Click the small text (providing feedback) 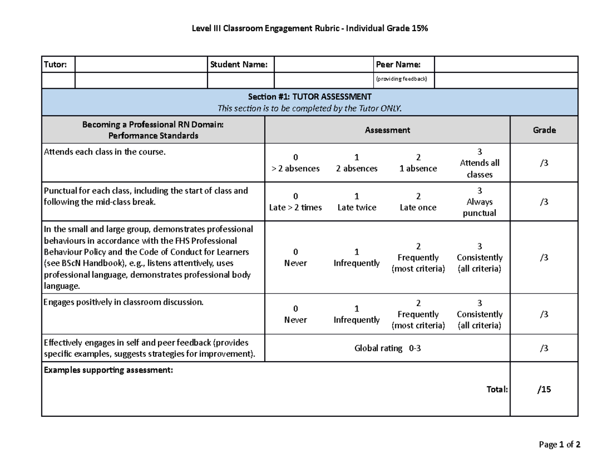[x=401, y=79]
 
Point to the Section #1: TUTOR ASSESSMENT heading [x=310, y=96]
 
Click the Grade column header [x=544, y=130]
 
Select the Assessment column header [x=387, y=130]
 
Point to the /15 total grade [x=544, y=389]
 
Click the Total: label [x=497, y=389]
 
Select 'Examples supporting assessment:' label [x=109, y=370]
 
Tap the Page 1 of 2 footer [x=559, y=444]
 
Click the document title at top [x=310, y=29]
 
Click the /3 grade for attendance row [x=544, y=163]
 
